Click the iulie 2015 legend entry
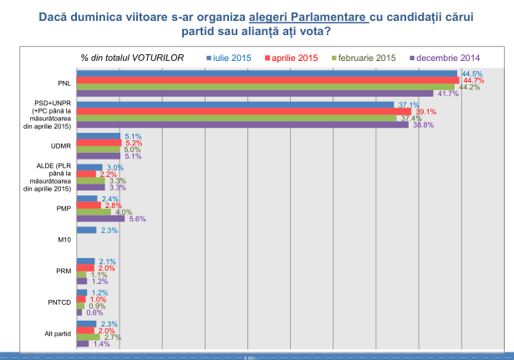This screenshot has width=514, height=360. click(x=230, y=58)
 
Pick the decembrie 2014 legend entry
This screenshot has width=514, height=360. click(x=443, y=58)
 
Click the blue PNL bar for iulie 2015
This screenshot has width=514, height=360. click(x=267, y=74)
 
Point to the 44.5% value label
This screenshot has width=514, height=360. click(x=471, y=74)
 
